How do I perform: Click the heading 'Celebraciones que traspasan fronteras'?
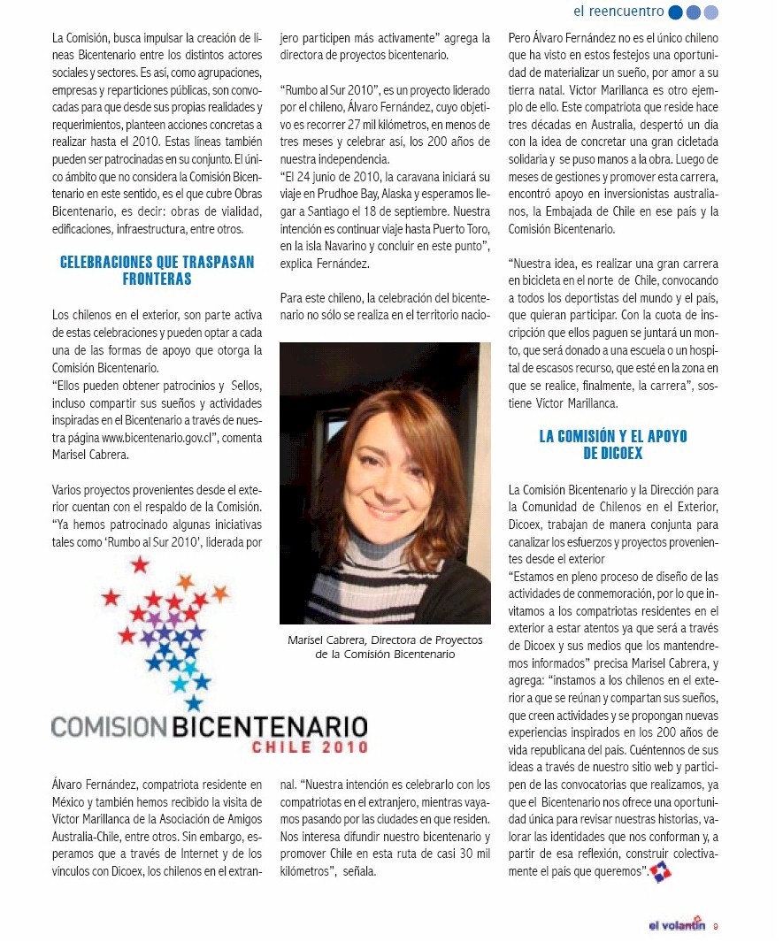click(157, 271)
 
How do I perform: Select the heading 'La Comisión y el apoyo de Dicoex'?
click(613, 445)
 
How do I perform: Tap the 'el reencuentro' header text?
click(618, 11)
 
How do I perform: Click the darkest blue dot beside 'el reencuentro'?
click(676, 12)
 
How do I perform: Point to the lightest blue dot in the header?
click(711, 12)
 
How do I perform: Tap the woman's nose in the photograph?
click(382, 481)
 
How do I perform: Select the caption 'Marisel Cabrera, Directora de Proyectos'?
click(385, 639)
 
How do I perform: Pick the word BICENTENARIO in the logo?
click(269, 727)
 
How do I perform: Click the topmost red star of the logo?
click(140, 564)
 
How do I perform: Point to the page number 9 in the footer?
click(715, 927)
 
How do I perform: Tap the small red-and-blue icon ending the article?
click(660, 872)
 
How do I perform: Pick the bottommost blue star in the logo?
click(194, 702)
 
